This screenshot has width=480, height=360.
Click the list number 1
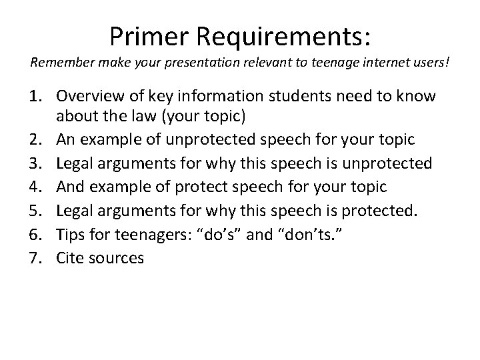click(36, 97)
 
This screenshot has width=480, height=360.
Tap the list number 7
click(36, 257)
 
